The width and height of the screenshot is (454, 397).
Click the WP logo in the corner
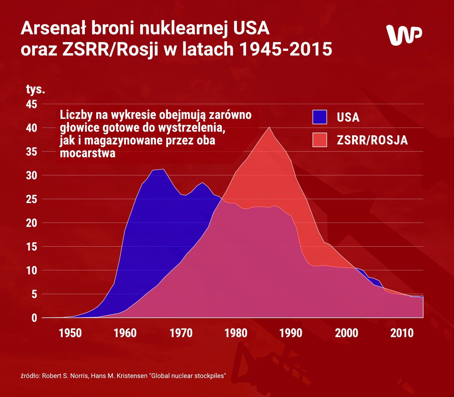point(404,34)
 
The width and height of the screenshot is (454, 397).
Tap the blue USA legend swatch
point(320,117)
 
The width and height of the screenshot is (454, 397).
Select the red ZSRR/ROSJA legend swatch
point(320,140)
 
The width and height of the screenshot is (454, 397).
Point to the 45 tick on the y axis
point(31,104)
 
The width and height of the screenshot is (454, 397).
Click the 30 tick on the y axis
point(31,176)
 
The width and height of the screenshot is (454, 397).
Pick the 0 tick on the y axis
point(34,318)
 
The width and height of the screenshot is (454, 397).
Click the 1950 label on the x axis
point(70,333)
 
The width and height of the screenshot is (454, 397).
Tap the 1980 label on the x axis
point(236,333)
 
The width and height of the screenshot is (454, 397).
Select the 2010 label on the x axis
point(402,333)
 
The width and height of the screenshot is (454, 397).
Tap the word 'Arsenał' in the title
point(54,28)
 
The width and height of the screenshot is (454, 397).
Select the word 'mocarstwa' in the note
point(87,153)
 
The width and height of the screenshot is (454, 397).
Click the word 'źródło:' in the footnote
point(30,376)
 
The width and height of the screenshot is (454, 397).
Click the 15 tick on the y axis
point(31,247)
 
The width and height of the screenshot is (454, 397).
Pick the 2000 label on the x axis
point(346,333)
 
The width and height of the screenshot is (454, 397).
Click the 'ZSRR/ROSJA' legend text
point(372,140)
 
